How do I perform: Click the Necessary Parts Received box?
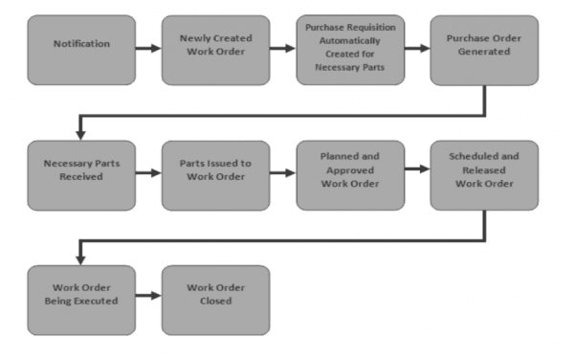coord(81,175)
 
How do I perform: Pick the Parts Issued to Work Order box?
coord(215,175)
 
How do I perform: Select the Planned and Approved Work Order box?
coord(349,175)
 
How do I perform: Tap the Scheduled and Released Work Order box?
coord(484,175)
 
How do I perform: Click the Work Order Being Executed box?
coord(81,300)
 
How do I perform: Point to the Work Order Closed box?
coord(215,300)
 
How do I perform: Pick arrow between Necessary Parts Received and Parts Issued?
coord(148,174)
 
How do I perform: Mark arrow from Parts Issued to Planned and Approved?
coord(282,174)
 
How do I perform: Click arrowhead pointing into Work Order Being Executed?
coord(81,259)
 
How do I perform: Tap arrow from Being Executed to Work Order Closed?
coord(148,299)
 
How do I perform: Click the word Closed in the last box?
coord(215,301)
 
